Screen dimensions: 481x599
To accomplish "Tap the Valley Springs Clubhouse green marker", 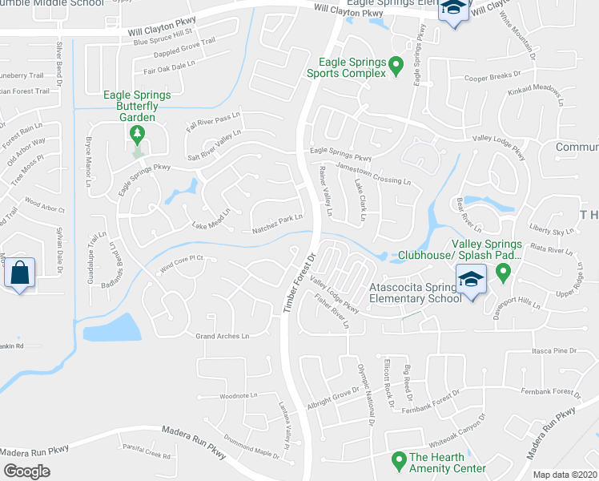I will [x=503, y=273].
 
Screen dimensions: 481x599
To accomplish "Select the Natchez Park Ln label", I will [x=278, y=217].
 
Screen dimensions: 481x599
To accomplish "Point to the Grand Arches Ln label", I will [x=223, y=336].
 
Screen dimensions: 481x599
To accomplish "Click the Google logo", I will [x=26, y=471].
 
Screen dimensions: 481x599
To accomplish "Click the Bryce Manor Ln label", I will [x=88, y=157].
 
